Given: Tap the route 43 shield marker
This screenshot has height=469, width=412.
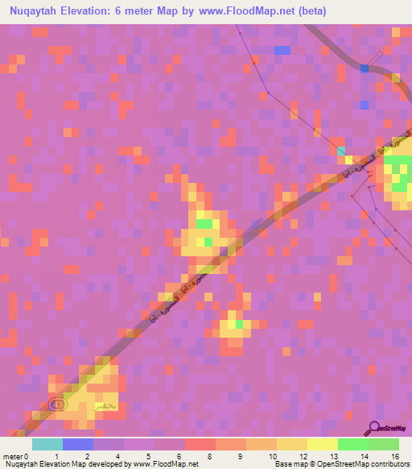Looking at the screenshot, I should tap(56, 404).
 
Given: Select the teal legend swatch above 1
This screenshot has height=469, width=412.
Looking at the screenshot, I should tap(47, 444).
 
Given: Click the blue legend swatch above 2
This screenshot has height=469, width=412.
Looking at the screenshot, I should tap(78, 444).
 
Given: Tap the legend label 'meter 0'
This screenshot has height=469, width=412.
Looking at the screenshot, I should tap(15, 456).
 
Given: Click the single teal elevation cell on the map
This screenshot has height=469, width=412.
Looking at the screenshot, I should tap(341, 151).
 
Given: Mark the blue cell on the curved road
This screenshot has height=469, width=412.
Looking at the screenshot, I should tap(364, 68).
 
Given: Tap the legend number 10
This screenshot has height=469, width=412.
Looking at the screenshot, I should tap(262, 456).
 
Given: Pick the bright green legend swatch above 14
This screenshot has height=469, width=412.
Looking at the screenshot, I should tap(353, 444).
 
